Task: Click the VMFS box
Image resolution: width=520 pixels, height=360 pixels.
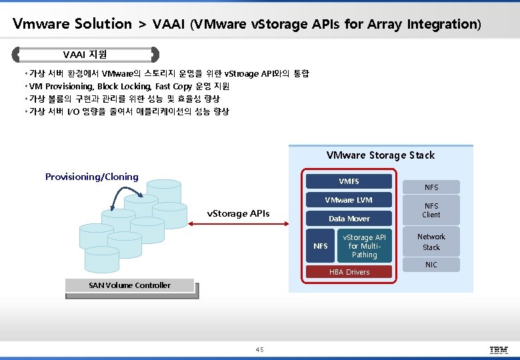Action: pyautogui.click(x=348, y=181)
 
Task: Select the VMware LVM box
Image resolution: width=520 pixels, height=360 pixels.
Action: pyautogui.click(x=348, y=200)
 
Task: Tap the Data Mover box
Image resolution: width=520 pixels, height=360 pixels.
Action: pyautogui.click(x=348, y=219)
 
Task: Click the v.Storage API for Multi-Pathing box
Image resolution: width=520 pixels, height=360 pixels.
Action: pyautogui.click(x=364, y=246)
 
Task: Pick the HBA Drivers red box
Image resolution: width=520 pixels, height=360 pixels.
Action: pyautogui.click(x=349, y=272)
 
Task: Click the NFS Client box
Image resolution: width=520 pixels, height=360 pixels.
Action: pyautogui.click(x=431, y=211)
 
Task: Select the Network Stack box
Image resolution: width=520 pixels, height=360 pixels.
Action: pyautogui.click(x=431, y=242)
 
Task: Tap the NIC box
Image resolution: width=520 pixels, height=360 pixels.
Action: pyautogui.click(x=431, y=265)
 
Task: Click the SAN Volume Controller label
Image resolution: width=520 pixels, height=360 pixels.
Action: pyautogui.click(x=129, y=286)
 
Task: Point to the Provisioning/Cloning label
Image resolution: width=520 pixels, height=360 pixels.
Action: pyautogui.click(x=92, y=177)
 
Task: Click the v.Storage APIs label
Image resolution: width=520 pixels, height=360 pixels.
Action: pyautogui.click(x=239, y=213)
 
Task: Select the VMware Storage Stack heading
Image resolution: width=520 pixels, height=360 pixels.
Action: pyautogui.click(x=380, y=155)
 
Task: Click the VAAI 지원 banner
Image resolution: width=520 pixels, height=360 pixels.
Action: pyautogui.click(x=85, y=54)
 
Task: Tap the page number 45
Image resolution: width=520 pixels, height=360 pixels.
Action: pyautogui.click(x=259, y=349)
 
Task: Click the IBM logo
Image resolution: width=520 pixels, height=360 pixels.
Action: pyautogui.click(x=499, y=349)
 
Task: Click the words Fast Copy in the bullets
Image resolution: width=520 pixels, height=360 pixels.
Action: pyautogui.click(x=173, y=87)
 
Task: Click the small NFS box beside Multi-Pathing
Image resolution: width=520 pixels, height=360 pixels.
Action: pyautogui.click(x=321, y=246)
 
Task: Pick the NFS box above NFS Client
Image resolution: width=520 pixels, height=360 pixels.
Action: pyautogui.click(x=431, y=187)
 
